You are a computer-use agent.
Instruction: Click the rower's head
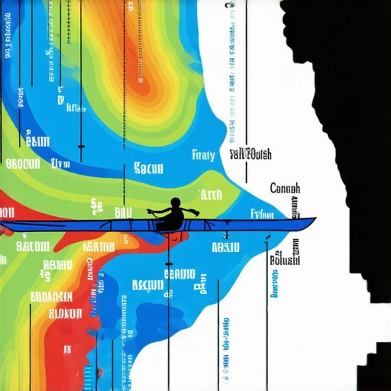point(176,203)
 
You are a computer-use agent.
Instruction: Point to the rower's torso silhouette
point(173,219)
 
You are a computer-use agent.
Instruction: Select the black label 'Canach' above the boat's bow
point(285,188)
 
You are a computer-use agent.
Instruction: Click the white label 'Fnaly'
point(204,155)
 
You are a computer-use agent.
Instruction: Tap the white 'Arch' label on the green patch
point(209,194)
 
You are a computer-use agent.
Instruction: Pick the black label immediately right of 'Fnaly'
point(250,154)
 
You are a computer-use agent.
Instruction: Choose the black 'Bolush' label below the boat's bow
point(285,260)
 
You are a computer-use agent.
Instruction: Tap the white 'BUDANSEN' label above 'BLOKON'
point(51,296)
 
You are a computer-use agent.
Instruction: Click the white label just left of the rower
point(123,212)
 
